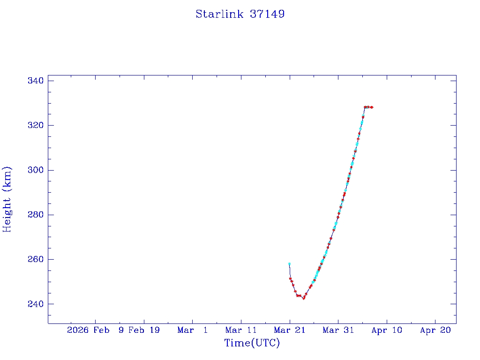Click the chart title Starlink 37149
click(240, 14)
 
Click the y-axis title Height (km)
click(7, 199)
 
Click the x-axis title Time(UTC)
click(252, 343)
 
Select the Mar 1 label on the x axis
click(193, 330)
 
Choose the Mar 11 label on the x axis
click(241, 330)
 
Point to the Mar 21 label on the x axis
click(290, 330)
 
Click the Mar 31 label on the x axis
click(338, 330)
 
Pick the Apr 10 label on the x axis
click(387, 330)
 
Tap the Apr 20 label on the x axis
click(435, 330)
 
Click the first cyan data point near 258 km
click(289, 264)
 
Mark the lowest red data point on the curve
click(304, 298)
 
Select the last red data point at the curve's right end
click(372, 107)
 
